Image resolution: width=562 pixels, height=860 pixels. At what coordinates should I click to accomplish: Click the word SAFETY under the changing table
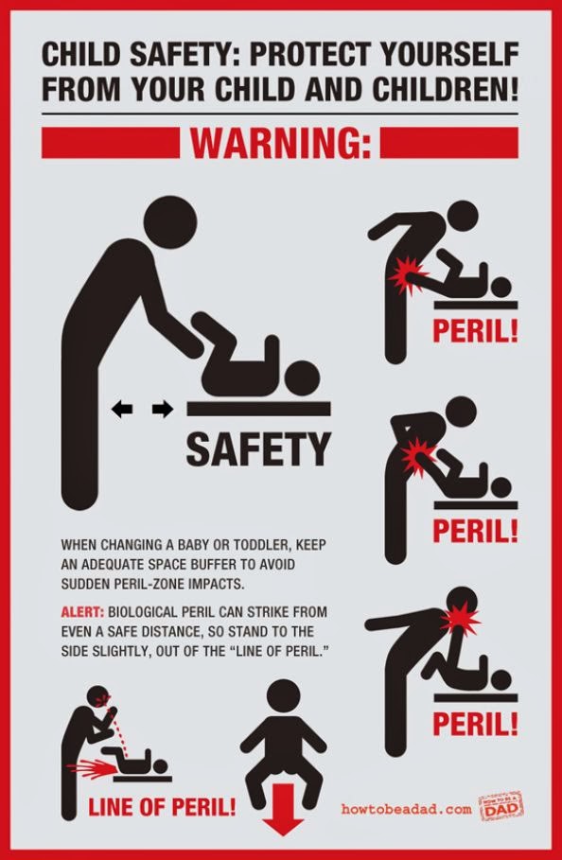(x=258, y=448)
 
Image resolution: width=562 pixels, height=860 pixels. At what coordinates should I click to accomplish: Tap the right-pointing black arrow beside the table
(x=163, y=409)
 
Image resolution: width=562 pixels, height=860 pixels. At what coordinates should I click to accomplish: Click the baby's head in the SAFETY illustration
(x=302, y=377)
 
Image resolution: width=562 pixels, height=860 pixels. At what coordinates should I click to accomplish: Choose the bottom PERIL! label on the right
(x=475, y=723)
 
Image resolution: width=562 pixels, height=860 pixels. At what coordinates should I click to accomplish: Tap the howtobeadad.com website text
(x=406, y=809)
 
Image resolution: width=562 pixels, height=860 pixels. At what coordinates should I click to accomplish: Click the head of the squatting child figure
(x=283, y=697)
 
